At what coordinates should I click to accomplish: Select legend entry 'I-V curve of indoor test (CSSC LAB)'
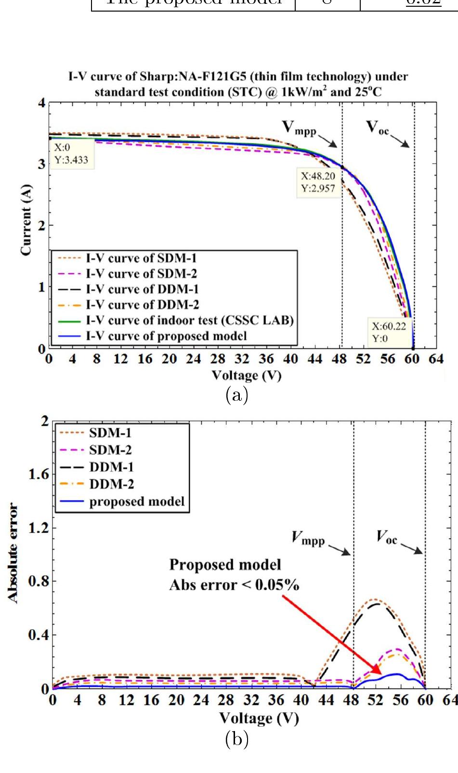(190, 320)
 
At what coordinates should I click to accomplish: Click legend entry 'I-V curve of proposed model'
(166, 336)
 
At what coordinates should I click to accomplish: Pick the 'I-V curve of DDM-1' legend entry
(142, 289)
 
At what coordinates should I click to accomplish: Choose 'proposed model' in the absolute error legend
(137, 502)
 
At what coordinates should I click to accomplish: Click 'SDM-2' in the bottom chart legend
(110, 450)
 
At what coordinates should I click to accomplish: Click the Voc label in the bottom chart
(387, 537)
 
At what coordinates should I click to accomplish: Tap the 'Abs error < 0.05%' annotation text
(234, 585)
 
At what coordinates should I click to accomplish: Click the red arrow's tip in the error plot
(381, 674)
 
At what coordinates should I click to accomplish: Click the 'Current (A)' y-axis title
(26, 219)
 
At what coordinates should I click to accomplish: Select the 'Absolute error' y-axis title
(13, 553)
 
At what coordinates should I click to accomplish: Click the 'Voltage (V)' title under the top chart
(246, 375)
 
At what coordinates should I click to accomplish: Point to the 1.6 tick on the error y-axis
(39, 475)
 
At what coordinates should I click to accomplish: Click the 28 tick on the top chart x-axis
(218, 359)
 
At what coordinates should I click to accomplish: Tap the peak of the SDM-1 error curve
(376, 600)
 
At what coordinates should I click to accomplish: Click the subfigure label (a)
(236, 395)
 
